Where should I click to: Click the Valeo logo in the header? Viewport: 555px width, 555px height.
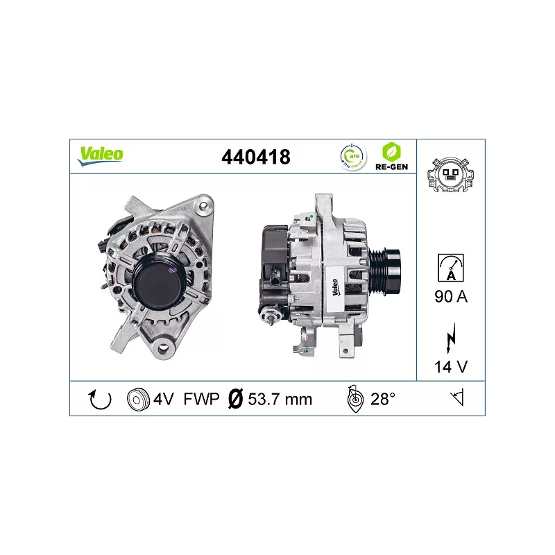coord(101,156)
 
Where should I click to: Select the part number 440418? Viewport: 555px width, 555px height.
coord(256,157)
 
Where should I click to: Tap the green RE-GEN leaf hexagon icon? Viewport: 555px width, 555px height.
coord(391,152)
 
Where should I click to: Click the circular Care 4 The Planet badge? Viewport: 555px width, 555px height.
coord(352,157)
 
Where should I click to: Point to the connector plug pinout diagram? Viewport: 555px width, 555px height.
coord(450,175)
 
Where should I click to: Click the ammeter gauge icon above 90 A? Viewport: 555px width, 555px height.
coord(450,268)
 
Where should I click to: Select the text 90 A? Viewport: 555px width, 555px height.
coord(451,297)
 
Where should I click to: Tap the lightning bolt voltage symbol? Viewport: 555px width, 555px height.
coord(451,337)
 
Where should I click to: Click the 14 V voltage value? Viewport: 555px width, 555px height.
coord(451,367)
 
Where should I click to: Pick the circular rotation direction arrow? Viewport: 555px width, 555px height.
coord(100,400)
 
